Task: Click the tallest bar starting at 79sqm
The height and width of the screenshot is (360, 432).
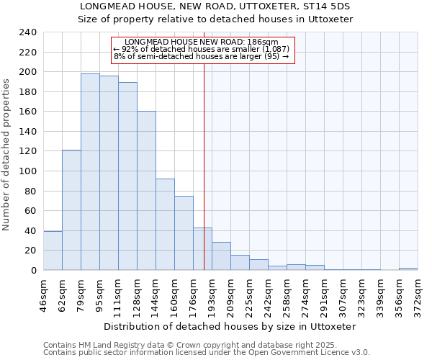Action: pyautogui.click(x=90, y=172)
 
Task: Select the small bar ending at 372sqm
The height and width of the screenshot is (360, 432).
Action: pyautogui.click(x=408, y=269)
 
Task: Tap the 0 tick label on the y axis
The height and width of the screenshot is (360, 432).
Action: pyautogui.click(x=33, y=271)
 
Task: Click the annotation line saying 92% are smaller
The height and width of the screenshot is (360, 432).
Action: pyautogui.click(x=201, y=49)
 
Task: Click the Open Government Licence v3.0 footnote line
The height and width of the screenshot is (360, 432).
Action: pyautogui.click(x=206, y=352)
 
